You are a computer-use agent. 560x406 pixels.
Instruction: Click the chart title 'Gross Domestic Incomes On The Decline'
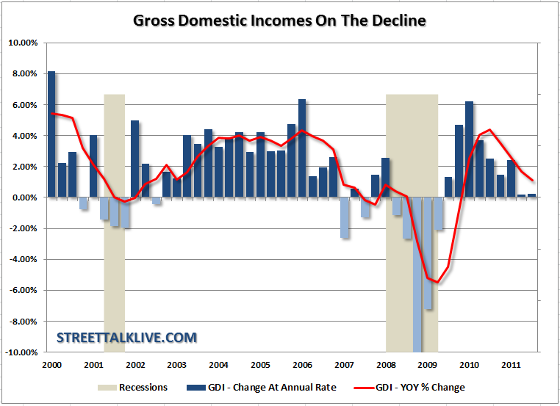point(279,20)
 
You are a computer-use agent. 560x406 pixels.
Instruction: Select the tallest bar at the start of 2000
point(51,134)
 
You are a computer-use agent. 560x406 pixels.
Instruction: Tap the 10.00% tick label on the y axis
point(23,43)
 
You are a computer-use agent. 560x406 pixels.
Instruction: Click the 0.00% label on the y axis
point(24,197)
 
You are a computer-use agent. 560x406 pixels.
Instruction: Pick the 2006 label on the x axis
point(301,365)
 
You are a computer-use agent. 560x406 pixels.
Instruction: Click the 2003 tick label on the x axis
point(176,365)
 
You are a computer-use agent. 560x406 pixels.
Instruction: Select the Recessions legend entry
point(143,387)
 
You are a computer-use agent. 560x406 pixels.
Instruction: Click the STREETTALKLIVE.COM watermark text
point(127,338)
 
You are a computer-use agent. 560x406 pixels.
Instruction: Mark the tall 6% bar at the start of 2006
point(302,148)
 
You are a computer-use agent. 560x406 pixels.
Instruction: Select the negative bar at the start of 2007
point(344,217)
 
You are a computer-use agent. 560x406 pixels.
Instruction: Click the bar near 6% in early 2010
point(470,150)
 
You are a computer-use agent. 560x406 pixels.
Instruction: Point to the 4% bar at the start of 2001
point(93,167)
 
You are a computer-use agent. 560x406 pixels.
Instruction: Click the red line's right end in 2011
point(533,181)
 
